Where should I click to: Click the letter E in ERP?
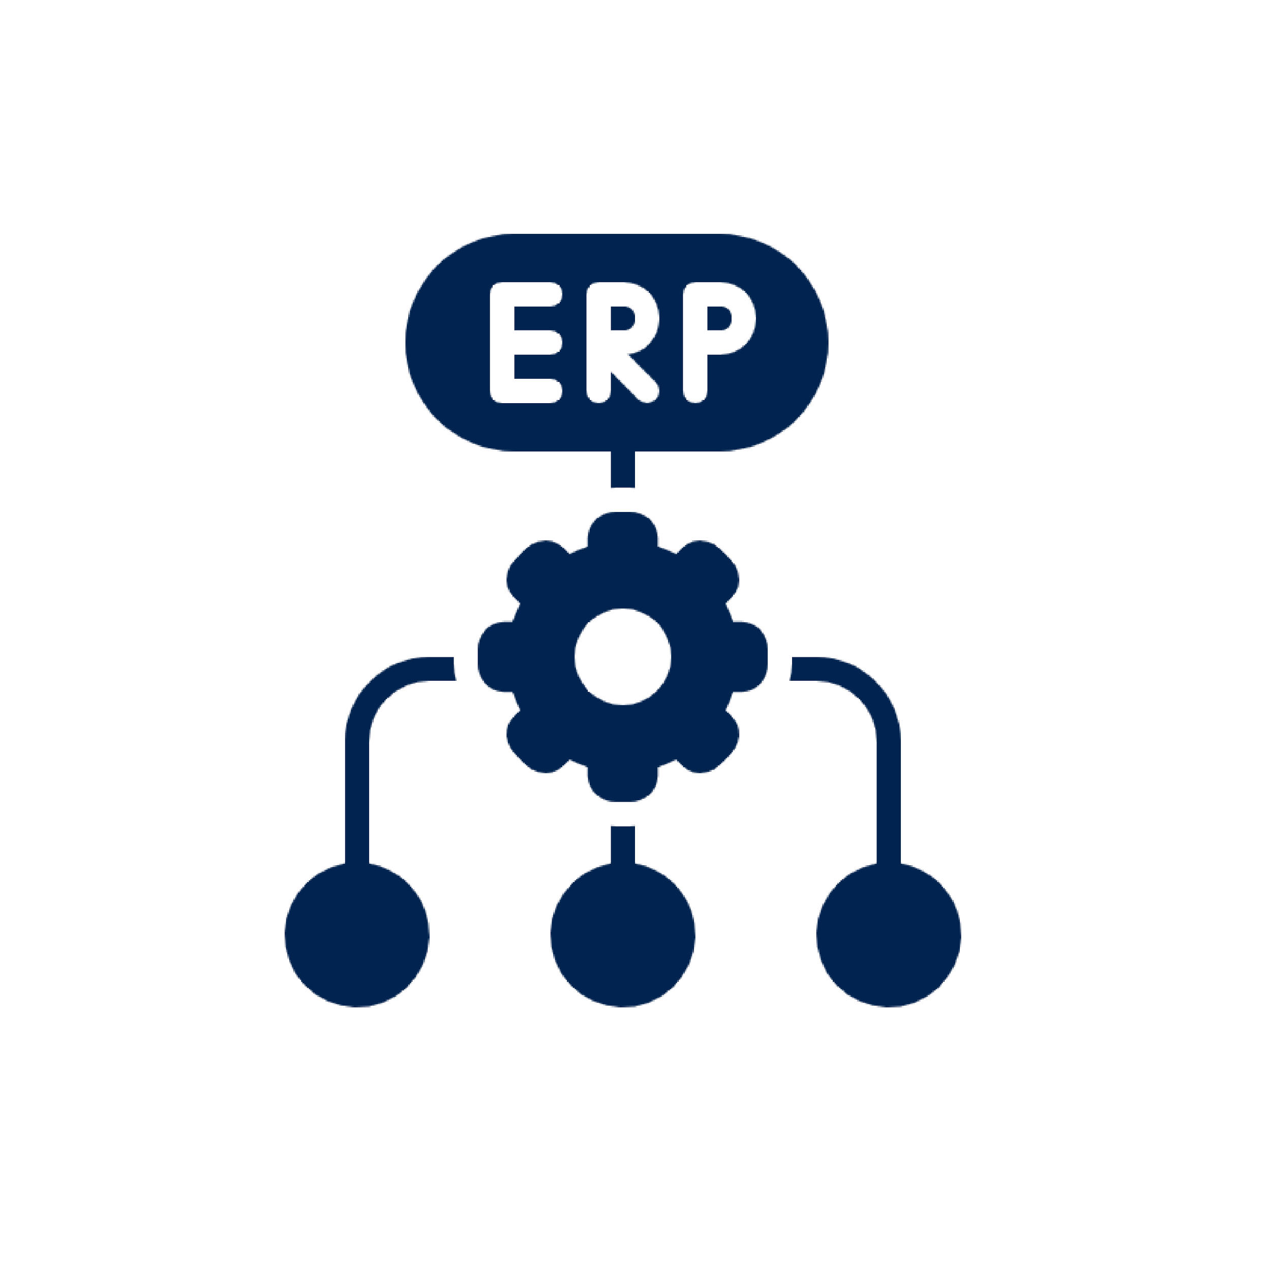click(527, 343)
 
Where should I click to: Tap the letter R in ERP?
click(622, 343)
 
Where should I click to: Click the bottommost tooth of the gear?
click(622, 781)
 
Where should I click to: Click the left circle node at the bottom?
click(356, 935)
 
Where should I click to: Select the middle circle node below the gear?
click(622, 935)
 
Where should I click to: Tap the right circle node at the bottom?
click(889, 935)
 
